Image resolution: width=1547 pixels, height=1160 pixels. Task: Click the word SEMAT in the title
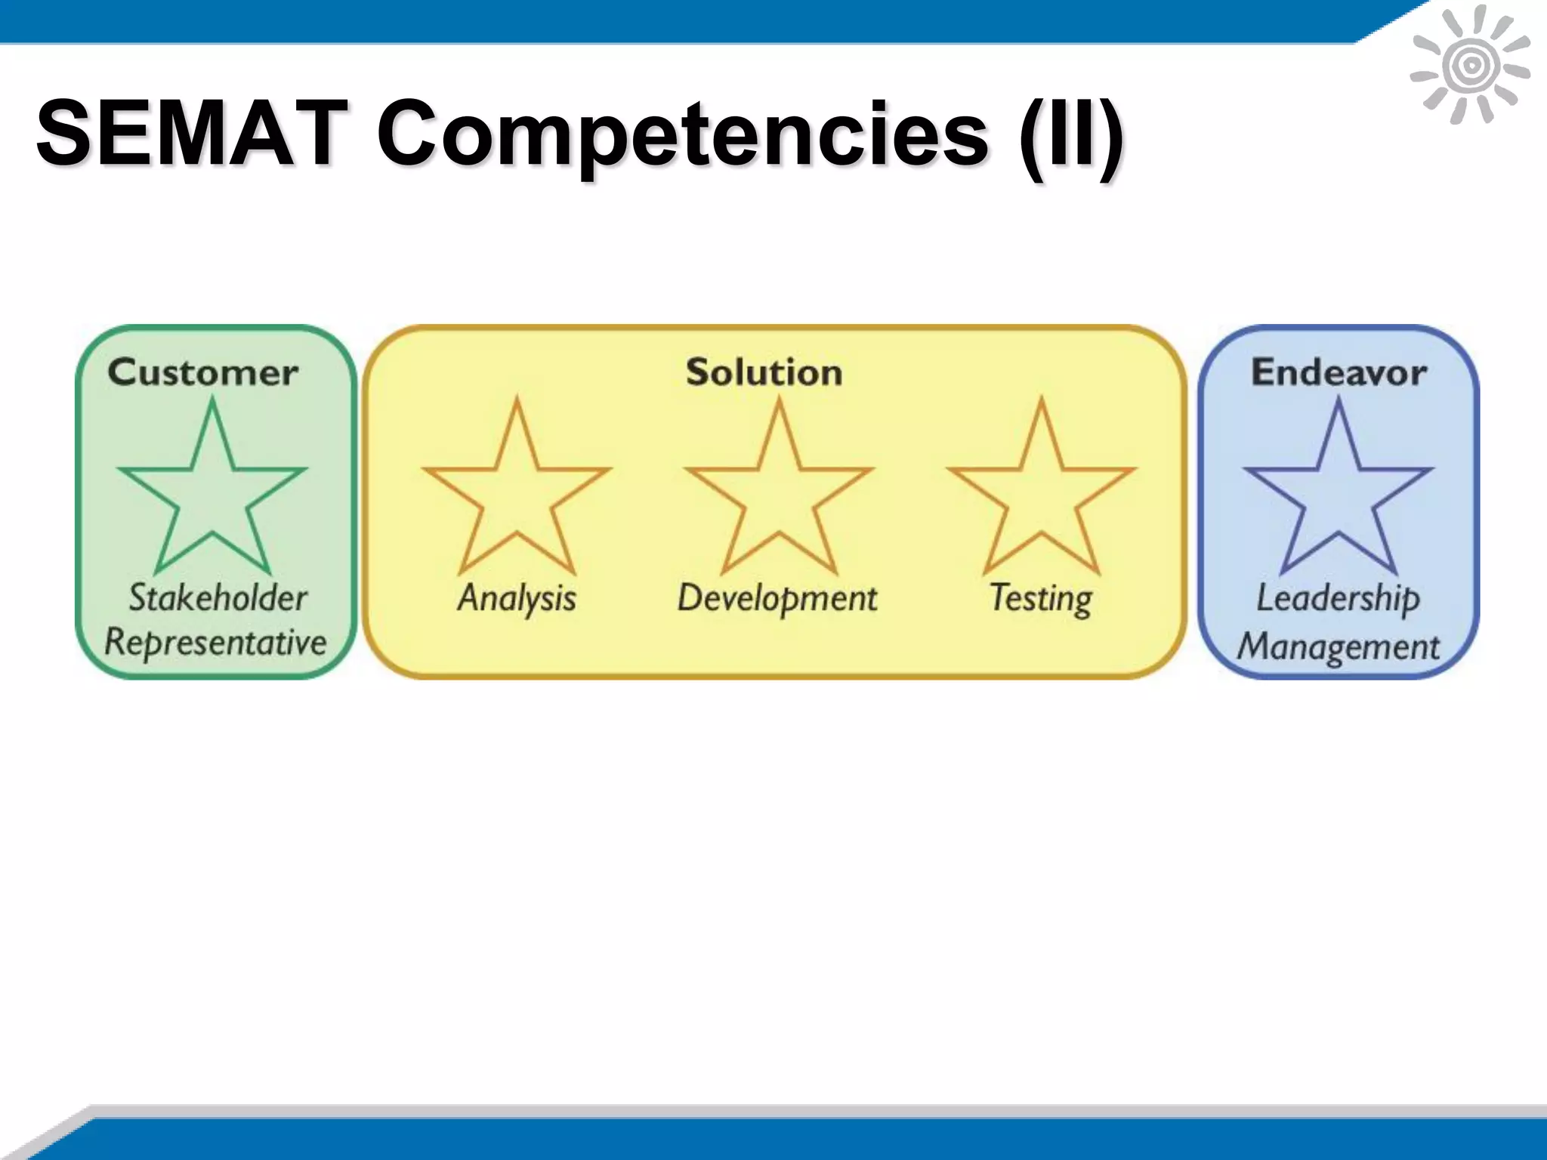(192, 134)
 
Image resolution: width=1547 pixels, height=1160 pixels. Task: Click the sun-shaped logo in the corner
(1470, 65)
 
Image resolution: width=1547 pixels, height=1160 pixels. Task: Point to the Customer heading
(202, 372)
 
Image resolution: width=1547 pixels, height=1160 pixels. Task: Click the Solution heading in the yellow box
(764, 372)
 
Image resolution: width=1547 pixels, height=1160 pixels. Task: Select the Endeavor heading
(1339, 372)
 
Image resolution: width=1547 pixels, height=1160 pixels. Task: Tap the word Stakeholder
(218, 597)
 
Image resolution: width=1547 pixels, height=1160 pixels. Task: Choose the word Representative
(215, 643)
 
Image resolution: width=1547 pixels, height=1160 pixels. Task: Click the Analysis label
(517, 599)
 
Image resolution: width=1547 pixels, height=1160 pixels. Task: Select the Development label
(777, 599)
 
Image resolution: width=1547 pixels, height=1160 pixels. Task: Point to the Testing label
(1041, 599)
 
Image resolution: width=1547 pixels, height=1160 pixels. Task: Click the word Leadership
(1338, 599)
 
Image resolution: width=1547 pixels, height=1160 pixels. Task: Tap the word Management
(1339, 647)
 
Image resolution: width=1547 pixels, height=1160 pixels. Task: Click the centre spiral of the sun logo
(1470, 66)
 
